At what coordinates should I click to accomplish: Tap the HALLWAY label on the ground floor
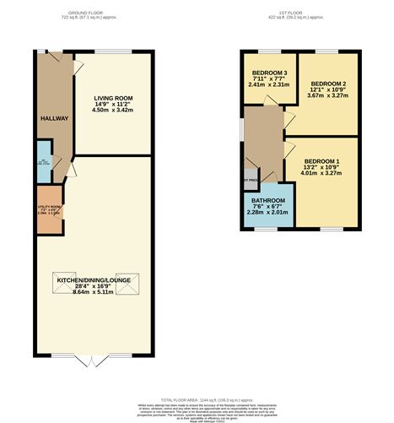(x=54, y=118)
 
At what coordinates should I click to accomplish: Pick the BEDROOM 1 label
(x=321, y=160)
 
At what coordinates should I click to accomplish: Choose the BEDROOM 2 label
(x=327, y=84)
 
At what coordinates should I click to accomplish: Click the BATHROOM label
(x=268, y=201)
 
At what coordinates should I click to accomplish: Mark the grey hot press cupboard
(x=251, y=180)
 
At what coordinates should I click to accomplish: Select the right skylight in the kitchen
(x=127, y=289)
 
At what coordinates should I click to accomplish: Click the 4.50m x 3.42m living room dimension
(x=112, y=110)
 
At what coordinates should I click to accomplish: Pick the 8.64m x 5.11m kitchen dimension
(x=94, y=290)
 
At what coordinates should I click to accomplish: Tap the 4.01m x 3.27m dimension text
(x=321, y=173)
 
